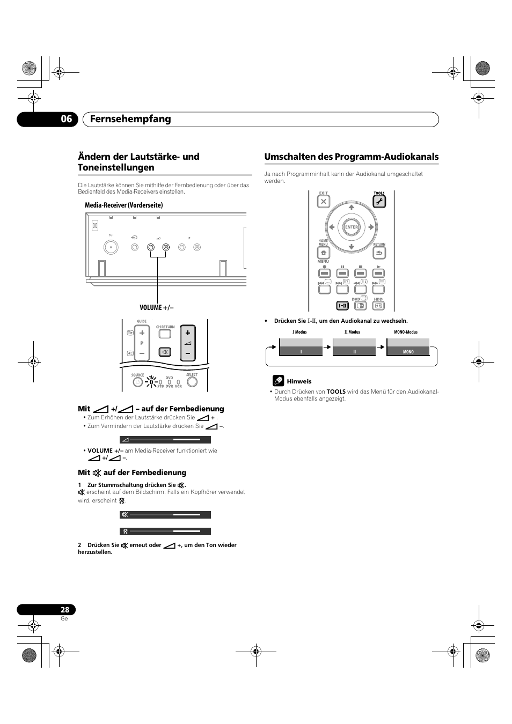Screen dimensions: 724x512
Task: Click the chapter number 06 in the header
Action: pos(66,119)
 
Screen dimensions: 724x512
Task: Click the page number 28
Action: pos(65,610)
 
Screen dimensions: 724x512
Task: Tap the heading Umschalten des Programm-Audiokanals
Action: pos(351,157)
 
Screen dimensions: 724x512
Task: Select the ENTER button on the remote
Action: pos(351,227)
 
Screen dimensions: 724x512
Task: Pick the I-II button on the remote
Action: pos(342,306)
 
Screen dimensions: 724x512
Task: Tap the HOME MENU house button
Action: pos(323,253)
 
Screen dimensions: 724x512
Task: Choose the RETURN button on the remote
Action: pos(379,253)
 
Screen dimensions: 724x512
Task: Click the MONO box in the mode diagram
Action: pos(408,352)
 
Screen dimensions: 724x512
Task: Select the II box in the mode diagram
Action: pos(354,352)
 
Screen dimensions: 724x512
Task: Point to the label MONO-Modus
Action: pos(406,332)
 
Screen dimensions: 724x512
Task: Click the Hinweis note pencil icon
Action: pos(278,381)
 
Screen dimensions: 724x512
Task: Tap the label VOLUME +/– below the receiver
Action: pos(157,307)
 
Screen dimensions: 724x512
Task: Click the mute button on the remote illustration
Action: pos(165,352)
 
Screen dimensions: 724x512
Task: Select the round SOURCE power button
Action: pos(137,382)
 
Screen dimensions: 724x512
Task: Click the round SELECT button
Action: pos(192,382)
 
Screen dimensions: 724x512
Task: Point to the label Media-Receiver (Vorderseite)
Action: pos(123,205)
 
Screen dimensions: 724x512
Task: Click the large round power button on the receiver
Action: pos(111,247)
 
